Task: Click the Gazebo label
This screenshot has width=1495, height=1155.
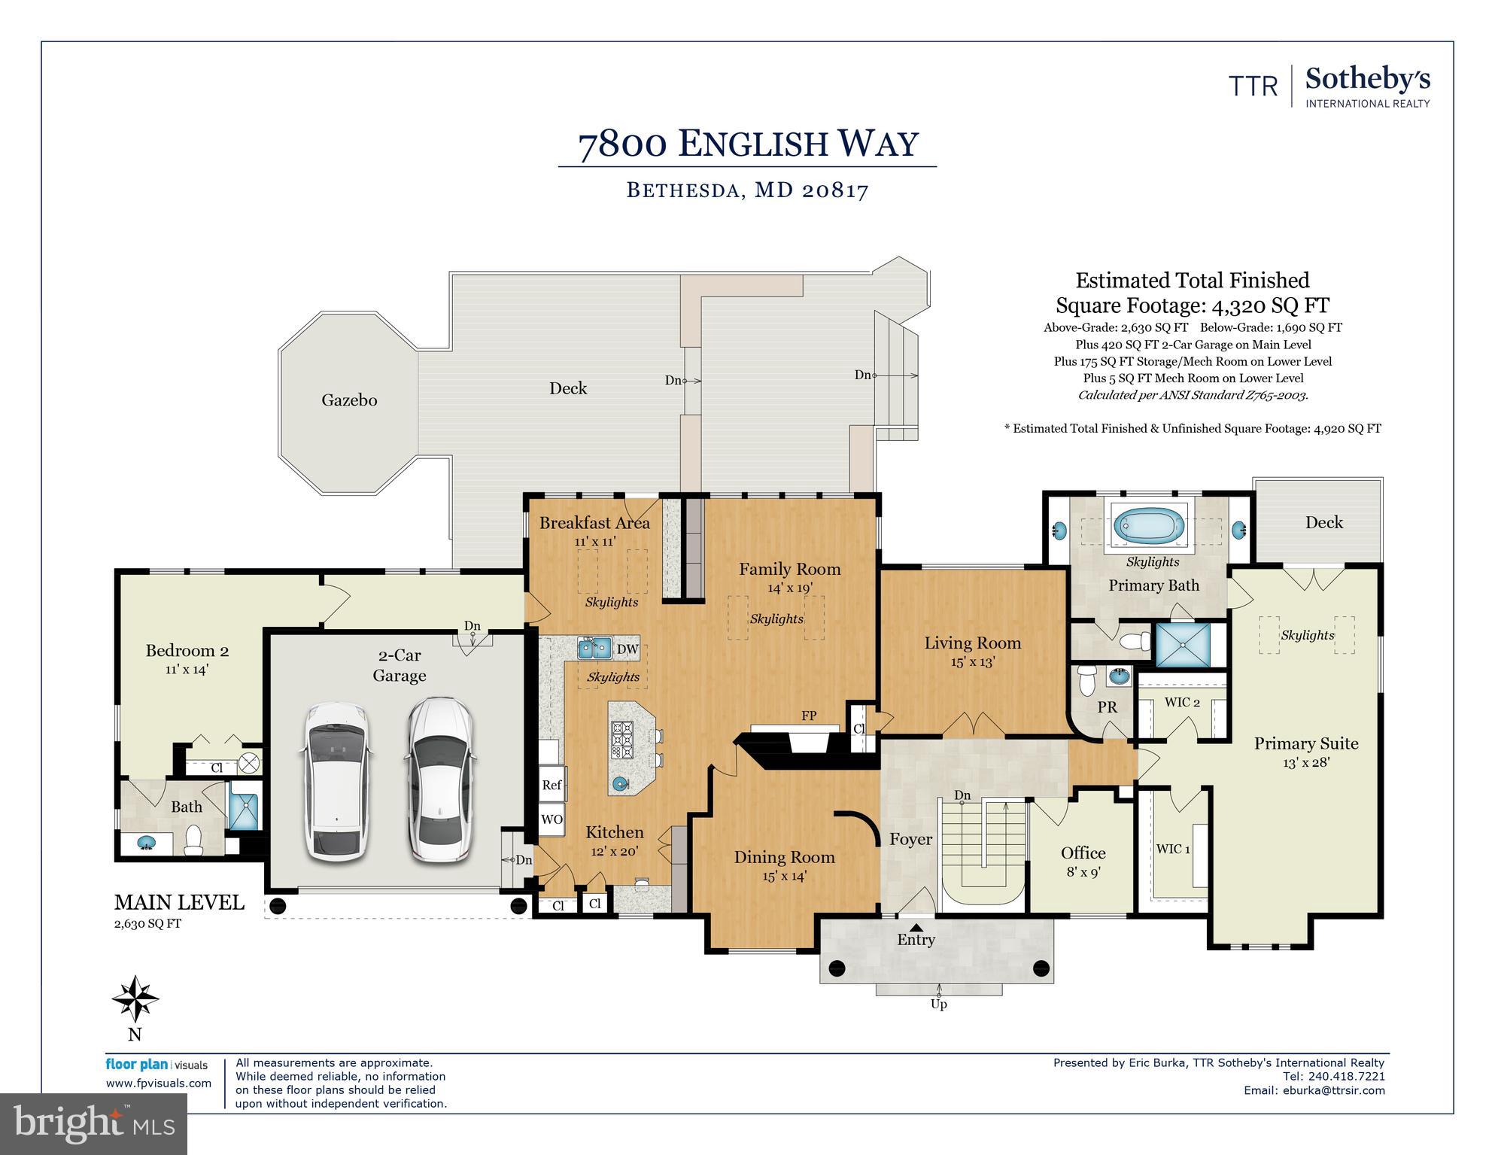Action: click(349, 400)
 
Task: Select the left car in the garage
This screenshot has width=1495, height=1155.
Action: click(337, 782)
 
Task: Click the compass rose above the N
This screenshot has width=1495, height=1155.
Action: click(135, 999)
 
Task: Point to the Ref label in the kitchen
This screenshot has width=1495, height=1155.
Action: click(552, 785)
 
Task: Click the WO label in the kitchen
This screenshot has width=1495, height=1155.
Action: click(552, 819)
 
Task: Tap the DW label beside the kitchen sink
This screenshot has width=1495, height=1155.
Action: click(627, 649)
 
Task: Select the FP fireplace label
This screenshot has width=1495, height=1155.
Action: click(809, 716)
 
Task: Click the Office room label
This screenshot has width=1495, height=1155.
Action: click(1083, 853)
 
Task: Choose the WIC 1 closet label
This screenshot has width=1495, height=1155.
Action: click(1173, 849)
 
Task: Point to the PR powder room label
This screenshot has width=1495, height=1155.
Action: click(1107, 707)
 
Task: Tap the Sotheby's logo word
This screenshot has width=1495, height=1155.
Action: click(1368, 79)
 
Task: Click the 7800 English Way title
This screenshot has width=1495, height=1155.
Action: click(748, 144)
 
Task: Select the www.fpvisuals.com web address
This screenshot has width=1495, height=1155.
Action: click(159, 1084)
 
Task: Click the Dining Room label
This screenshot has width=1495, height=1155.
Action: click(784, 857)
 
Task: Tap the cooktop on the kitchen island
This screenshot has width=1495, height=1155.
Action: click(624, 739)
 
